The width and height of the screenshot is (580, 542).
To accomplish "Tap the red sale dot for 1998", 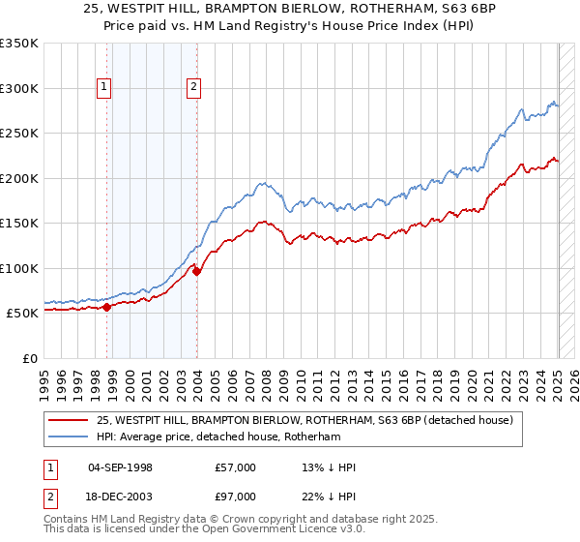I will coord(106,307).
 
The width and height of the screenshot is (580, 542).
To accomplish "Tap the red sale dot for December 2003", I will coord(197,271).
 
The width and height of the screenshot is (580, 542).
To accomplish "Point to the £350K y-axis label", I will coord(19,44).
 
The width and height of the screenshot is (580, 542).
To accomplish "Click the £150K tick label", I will coord(19,223).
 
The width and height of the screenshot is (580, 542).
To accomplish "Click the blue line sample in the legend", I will coord(71,437).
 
